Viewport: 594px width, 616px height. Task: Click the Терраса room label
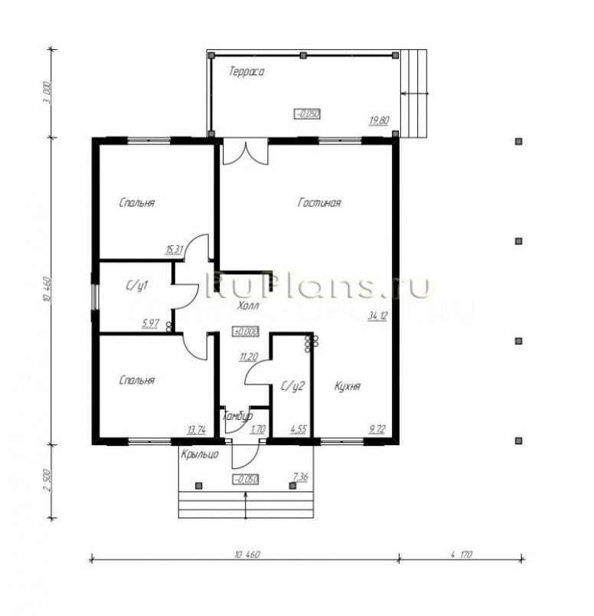(x=246, y=72)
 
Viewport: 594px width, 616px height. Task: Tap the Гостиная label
(x=319, y=203)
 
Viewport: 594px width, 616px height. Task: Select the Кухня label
(x=348, y=387)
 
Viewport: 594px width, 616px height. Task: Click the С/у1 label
(x=136, y=286)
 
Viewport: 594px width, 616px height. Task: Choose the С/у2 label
(x=293, y=386)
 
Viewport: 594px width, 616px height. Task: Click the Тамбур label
(x=237, y=416)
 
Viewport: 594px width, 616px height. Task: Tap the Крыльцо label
(x=201, y=454)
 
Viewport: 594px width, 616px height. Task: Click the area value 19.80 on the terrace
(x=379, y=120)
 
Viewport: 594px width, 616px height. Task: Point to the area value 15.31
(x=175, y=249)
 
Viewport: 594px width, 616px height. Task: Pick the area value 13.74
(x=197, y=430)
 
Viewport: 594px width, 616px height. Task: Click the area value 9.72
(x=377, y=430)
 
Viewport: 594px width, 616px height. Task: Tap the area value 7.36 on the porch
(x=300, y=477)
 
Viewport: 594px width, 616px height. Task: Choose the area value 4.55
(x=299, y=430)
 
